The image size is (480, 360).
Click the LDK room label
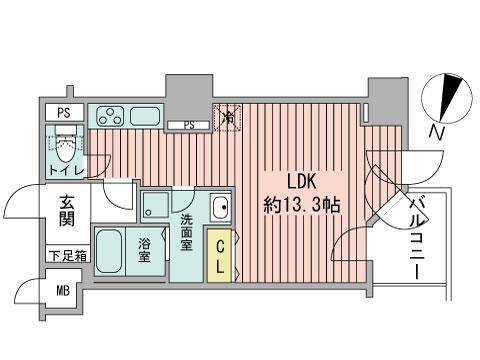[x=302, y=183]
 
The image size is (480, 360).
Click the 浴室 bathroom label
[x=146, y=250]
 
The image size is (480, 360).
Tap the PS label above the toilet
[x=62, y=112]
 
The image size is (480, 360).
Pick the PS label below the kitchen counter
[x=187, y=125]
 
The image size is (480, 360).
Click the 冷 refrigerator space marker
[x=228, y=118]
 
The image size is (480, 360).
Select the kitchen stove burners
[x=109, y=115]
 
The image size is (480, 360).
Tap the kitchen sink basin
[x=146, y=115]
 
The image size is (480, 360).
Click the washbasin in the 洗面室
[x=221, y=209]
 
